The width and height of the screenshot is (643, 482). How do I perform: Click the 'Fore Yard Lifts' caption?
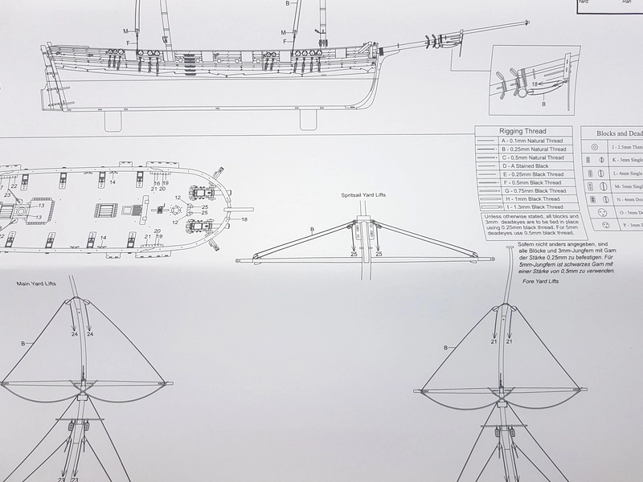tap(539, 282)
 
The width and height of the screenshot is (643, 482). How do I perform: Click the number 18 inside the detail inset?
tap(534, 83)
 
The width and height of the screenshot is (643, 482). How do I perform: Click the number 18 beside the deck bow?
tap(244, 219)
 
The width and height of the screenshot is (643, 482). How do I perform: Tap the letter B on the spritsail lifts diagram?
tap(312, 231)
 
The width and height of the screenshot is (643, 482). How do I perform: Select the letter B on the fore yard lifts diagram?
tap(447, 348)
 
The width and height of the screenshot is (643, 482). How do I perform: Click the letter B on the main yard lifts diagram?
tap(27, 343)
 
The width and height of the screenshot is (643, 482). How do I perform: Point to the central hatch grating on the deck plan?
tap(107, 213)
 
